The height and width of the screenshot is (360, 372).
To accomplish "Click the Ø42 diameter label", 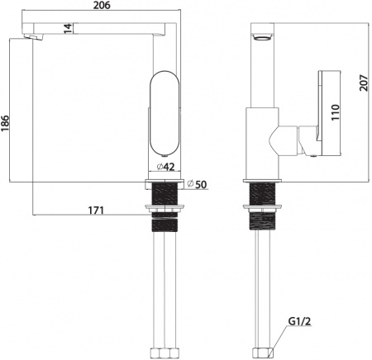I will (x=165, y=168).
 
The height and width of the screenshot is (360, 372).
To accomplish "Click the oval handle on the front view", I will (x=161, y=113).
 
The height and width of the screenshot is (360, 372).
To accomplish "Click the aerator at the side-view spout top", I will (x=260, y=39).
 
